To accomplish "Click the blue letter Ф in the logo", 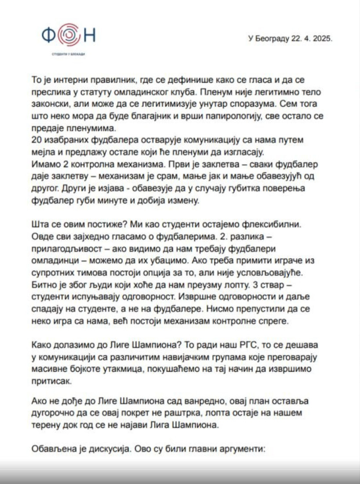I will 49,35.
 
